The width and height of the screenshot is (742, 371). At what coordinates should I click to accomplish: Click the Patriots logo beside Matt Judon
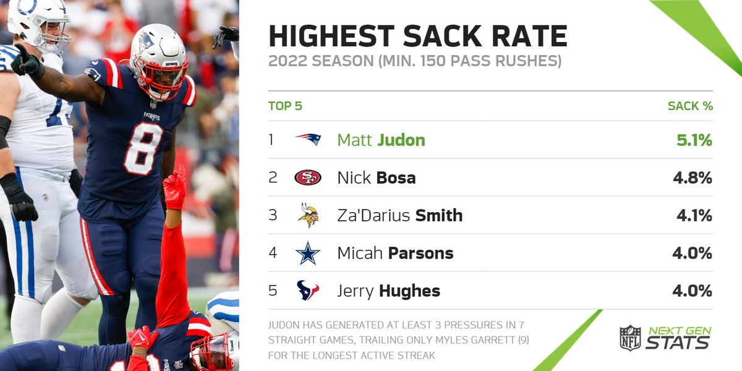(x=308, y=140)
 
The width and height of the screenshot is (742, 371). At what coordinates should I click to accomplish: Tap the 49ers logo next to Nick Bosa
(x=308, y=178)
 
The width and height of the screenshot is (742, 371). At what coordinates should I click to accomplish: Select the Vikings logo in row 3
(x=308, y=215)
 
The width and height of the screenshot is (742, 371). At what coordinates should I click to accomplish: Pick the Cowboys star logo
(x=308, y=253)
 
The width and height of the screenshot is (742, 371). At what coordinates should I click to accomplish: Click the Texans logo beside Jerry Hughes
(x=308, y=291)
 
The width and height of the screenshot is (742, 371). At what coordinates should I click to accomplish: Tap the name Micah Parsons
(x=395, y=253)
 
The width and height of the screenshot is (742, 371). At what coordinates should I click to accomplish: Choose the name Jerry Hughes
(x=388, y=291)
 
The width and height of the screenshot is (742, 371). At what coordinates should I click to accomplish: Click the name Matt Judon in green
(x=381, y=140)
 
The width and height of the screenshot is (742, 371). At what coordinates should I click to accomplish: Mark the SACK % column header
(x=690, y=106)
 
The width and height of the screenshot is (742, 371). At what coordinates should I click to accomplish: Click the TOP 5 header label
(x=285, y=106)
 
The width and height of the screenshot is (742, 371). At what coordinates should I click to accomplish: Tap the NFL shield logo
(x=630, y=338)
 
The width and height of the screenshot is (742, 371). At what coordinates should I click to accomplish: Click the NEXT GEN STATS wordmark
(x=678, y=338)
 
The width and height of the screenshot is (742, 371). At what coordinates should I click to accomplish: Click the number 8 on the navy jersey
(x=143, y=148)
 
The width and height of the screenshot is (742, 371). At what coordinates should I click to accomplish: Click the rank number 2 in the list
(x=273, y=178)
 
